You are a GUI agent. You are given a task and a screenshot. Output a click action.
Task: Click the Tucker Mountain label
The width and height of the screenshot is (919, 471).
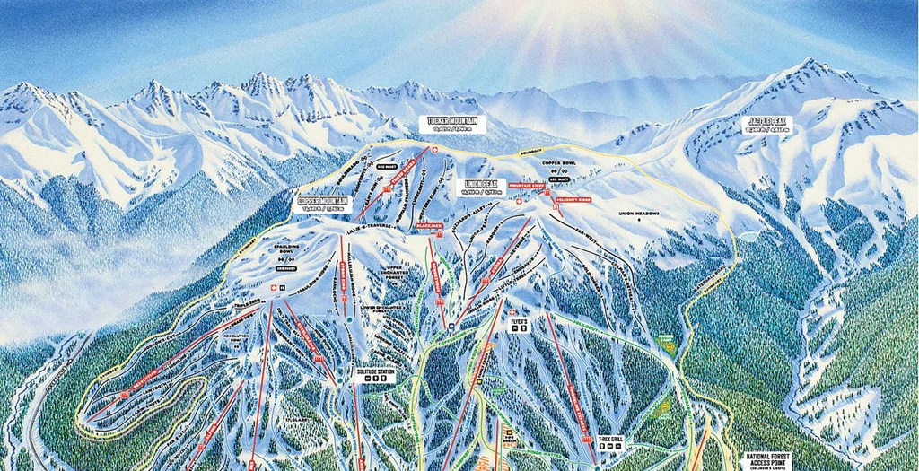(452, 124)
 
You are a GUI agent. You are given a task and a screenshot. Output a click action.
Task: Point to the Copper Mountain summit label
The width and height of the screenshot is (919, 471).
(320, 203)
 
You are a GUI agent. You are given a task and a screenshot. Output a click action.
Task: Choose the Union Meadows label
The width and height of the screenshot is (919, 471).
(638, 214)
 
